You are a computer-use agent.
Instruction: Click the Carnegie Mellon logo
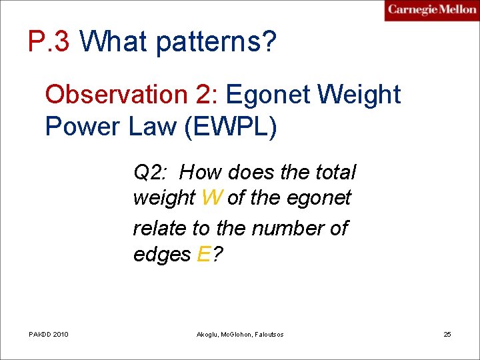pos(432,10)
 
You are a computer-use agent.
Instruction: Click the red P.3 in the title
pos(49,42)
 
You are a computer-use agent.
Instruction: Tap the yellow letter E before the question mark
pos(205,254)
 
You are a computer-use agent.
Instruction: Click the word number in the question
pos(286,228)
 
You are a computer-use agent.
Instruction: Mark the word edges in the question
pos(162,255)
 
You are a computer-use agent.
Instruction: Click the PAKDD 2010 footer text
pos(49,334)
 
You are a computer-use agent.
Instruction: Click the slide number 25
pos(447,334)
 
